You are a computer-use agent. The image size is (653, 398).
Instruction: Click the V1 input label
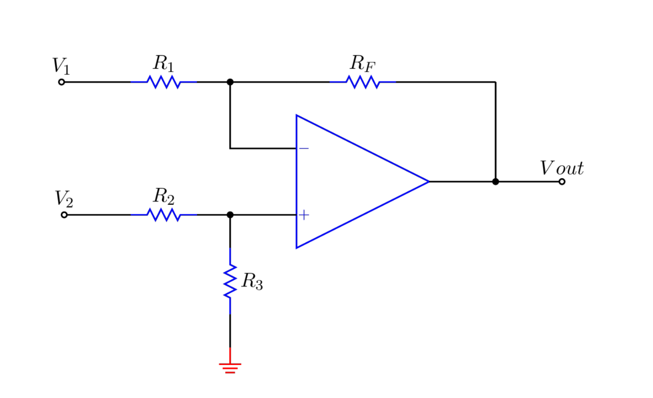pyautogui.click(x=61, y=66)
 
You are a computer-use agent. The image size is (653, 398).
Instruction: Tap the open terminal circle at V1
pyautogui.click(x=61, y=82)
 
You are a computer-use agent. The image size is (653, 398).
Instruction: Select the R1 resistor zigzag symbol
pyautogui.click(x=163, y=82)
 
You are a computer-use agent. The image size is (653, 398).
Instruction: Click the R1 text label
pyautogui.click(x=163, y=63)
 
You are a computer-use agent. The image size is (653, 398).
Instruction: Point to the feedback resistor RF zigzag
pyautogui.click(x=363, y=82)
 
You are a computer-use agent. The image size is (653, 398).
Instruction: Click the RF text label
pyautogui.click(x=363, y=63)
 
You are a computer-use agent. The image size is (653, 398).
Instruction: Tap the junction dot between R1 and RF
pyautogui.click(x=230, y=82)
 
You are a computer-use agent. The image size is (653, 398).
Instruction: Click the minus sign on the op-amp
pyautogui.click(x=304, y=149)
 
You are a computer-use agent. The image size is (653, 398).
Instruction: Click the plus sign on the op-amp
pyautogui.click(x=304, y=215)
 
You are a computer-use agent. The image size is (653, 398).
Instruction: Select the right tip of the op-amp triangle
pyautogui.click(x=428, y=182)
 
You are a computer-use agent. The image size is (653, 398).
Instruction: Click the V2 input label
pyautogui.click(x=64, y=199)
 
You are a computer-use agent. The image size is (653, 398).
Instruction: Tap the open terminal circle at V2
pyautogui.click(x=64, y=215)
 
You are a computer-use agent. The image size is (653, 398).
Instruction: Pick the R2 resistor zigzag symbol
pyautogui.click(x=163, y=215)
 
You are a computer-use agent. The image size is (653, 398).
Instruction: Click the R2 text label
pyautogui.click(x=163, y=196)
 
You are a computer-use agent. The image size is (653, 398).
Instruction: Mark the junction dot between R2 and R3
pyautogui.click(x=230, y=215)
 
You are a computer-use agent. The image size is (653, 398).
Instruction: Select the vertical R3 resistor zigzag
pyautogui.click(x=230, y=281)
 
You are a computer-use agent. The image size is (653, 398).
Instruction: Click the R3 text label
pyautogui.click(x=252, y=282)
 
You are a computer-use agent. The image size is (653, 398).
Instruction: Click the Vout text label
pyautogui.click(x=562, y=168)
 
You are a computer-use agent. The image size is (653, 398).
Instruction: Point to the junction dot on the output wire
pyautogui.click(x=495, y=182)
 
